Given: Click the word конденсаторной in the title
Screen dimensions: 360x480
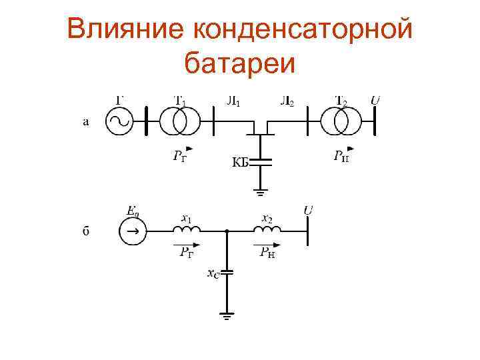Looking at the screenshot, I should point(303,30).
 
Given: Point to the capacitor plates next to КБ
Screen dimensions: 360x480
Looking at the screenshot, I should point(261,162).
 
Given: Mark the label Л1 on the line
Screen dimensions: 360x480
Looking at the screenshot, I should point(234,102).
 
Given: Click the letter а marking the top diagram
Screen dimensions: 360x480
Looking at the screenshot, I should point(85,122).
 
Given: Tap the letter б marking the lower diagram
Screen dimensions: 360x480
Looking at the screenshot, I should point(86,231).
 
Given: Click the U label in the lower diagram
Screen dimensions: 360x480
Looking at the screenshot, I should point(309,211).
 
